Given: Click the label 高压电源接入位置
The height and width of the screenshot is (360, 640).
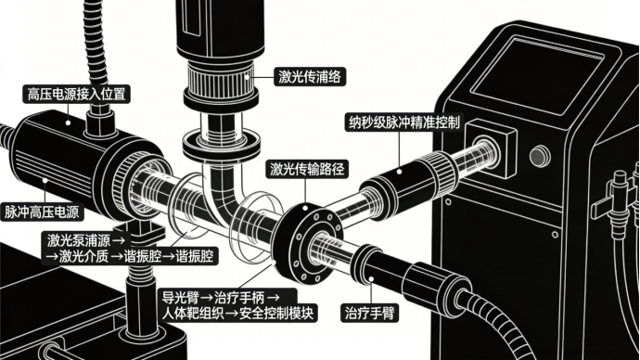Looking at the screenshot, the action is click(76, 95).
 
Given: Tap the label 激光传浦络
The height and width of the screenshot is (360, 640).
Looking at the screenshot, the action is click(310, 76).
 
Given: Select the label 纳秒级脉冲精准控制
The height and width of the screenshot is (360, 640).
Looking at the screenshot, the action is click(404, 122).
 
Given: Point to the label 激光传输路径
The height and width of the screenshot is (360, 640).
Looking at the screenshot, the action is click(307, 169).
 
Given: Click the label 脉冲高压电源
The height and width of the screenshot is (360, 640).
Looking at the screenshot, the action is click(42, 212).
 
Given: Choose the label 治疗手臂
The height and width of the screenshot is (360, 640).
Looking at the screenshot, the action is click(369, 313).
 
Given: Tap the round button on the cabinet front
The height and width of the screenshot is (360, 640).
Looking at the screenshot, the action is click(540, 156).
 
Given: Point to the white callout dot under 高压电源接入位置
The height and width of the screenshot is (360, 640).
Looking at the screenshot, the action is click(68, 122).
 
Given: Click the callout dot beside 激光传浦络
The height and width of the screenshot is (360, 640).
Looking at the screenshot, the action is click(247, 76).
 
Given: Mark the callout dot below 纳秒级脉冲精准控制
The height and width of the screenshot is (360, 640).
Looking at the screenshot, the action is click(399, 172).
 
